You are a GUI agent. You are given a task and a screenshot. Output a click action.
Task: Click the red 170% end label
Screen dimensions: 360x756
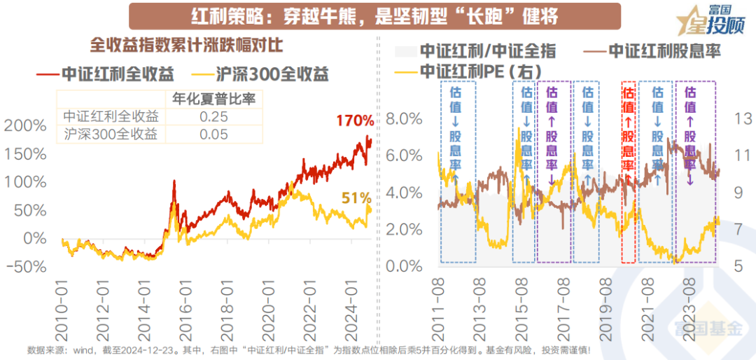coord(354,121)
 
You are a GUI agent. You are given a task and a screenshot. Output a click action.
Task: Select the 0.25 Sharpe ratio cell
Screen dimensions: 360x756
coord(208,116)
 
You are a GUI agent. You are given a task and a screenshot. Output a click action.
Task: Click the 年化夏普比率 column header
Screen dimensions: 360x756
coord(209,99)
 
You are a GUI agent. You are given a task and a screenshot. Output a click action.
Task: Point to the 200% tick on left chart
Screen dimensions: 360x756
coord(28,125)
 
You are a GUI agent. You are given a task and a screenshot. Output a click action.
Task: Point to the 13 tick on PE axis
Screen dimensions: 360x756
coord(741,118)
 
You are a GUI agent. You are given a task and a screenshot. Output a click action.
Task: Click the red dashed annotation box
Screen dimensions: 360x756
coord(628,172)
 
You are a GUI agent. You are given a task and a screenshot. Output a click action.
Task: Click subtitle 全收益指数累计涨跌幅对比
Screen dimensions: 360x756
coord(186,45)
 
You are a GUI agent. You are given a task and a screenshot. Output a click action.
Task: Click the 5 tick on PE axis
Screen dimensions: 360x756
coord(738,266)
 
